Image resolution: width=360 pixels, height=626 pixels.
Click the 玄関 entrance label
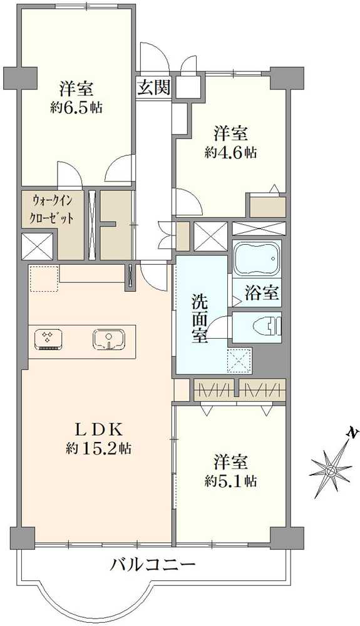[154, 86]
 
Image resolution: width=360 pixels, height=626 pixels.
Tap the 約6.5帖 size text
[76, 108]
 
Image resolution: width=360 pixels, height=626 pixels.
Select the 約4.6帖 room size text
[230, 153]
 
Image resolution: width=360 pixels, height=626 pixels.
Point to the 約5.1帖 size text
[230, 481]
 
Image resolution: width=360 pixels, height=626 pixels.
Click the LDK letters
[98, 430]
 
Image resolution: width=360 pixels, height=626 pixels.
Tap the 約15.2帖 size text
[98, 449]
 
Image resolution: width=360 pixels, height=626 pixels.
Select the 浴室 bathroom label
[262, 294]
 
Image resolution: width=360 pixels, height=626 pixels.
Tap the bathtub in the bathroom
[257, 258]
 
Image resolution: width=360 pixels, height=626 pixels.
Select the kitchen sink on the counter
[110, 340]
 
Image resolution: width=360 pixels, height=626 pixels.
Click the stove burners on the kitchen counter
[48, 340]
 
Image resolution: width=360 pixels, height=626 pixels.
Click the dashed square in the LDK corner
[44, 279]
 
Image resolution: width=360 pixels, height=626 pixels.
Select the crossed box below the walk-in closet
[37, 246]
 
